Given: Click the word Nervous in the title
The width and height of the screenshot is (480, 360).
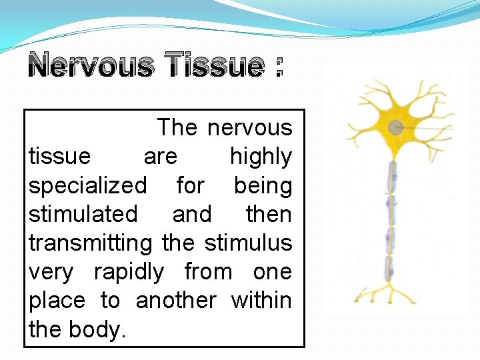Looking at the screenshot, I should [90, 66].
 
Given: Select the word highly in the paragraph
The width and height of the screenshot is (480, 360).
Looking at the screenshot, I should [261, 157].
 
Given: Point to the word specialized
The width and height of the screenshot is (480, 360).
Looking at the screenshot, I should [87, 185].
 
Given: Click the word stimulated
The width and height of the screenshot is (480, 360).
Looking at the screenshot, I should [83, 214].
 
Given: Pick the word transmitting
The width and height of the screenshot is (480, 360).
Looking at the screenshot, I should [91, 243].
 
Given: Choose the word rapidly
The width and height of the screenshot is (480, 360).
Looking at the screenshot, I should [128, 272].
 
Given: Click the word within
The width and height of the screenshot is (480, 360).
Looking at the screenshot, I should [261, 301].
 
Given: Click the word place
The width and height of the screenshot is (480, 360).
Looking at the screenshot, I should [57, 301].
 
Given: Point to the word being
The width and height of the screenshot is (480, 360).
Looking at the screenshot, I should [263, 186].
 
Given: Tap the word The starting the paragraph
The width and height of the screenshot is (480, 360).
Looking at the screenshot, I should [177, 127].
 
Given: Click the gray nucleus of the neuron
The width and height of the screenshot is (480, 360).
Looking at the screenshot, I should [396, 127].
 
